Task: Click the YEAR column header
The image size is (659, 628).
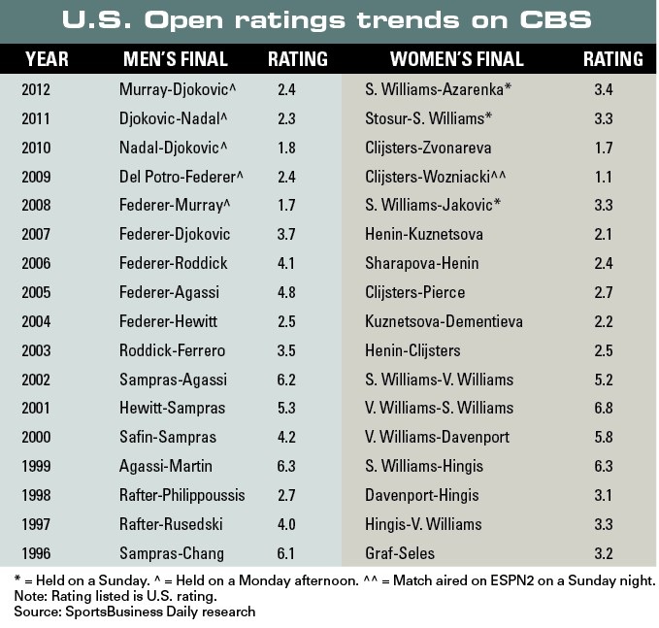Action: coord(47,59)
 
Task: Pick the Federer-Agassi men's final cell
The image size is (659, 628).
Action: coord(170,292)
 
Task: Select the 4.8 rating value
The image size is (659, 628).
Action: coord(287,292)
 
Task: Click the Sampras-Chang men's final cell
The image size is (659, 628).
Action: coord(171,553)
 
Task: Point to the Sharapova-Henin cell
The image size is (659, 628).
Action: coord(422,263)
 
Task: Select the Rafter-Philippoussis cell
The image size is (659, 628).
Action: coord(182,495)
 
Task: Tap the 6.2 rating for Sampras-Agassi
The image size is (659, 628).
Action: coord(287,380)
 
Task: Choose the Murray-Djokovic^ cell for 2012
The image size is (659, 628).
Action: coord(176,89)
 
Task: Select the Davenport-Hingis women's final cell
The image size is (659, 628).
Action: coord(423,495)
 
